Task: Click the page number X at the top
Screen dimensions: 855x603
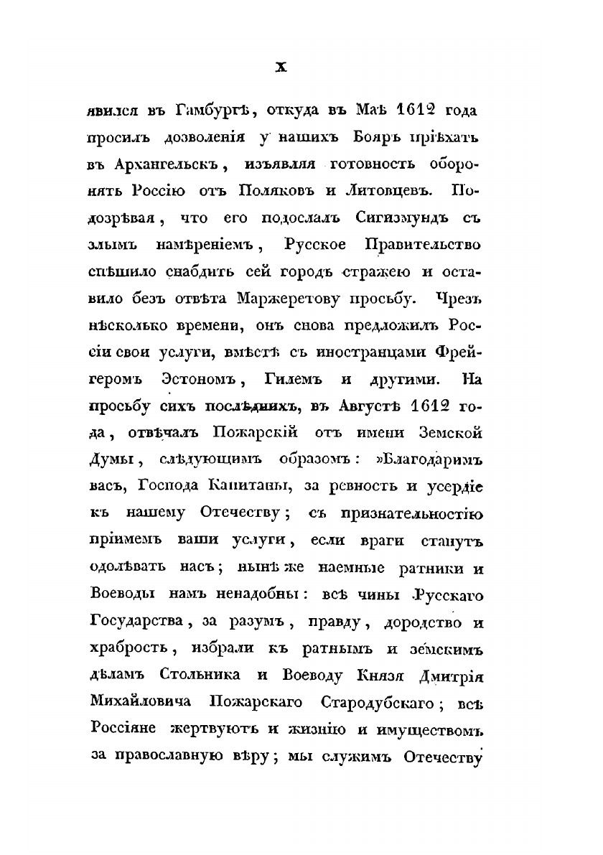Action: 282,67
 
